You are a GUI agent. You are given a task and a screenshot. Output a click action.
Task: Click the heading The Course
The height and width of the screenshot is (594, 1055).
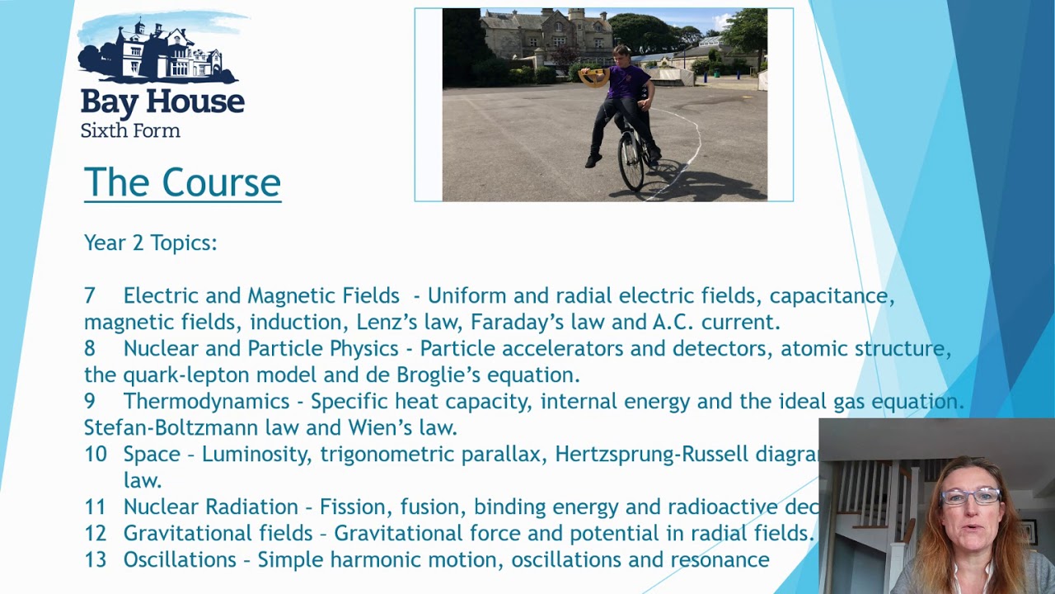coord(182,182)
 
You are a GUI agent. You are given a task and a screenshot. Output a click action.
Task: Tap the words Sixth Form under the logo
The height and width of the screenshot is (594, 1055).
coord(130,130)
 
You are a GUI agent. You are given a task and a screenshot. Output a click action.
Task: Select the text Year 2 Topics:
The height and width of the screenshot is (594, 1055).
coord(150,243)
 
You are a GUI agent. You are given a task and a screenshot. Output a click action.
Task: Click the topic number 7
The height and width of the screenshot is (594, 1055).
coord(90,295)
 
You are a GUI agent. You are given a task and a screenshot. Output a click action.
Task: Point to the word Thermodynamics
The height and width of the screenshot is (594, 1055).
coord(207,401)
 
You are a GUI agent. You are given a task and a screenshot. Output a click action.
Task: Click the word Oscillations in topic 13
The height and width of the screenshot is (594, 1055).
coord(180,559)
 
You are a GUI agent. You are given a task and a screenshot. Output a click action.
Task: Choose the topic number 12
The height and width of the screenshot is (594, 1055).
coord(96,533)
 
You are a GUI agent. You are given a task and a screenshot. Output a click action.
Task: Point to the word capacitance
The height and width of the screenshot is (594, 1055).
coord(832,295)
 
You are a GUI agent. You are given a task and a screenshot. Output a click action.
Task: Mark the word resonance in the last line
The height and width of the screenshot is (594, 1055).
coord(720,559)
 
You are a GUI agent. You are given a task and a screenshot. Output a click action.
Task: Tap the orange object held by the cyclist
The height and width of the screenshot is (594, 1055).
coord(593,78)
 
